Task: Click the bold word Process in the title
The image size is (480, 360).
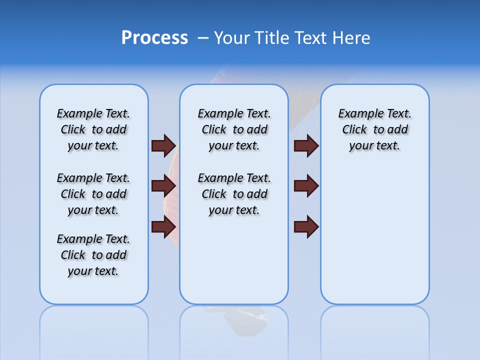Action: point(154,38)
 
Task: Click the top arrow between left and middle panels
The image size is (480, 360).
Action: point(163,145)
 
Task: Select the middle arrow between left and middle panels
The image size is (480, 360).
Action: point(163,186)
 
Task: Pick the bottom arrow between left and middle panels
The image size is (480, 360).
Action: point(163,226)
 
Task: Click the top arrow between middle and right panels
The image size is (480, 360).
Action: point(306,145)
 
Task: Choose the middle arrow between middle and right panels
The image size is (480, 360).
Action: point(306,186)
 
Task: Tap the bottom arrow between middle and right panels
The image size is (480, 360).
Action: point(306,226)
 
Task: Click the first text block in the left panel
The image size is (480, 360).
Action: point(93,129)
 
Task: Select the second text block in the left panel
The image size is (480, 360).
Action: point(93,194)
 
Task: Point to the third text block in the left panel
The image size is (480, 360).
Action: point(93,255)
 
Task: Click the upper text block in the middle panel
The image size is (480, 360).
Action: point(234,129)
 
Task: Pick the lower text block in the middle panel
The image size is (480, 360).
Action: point(234,194)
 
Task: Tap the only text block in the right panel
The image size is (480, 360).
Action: point(374,129)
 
